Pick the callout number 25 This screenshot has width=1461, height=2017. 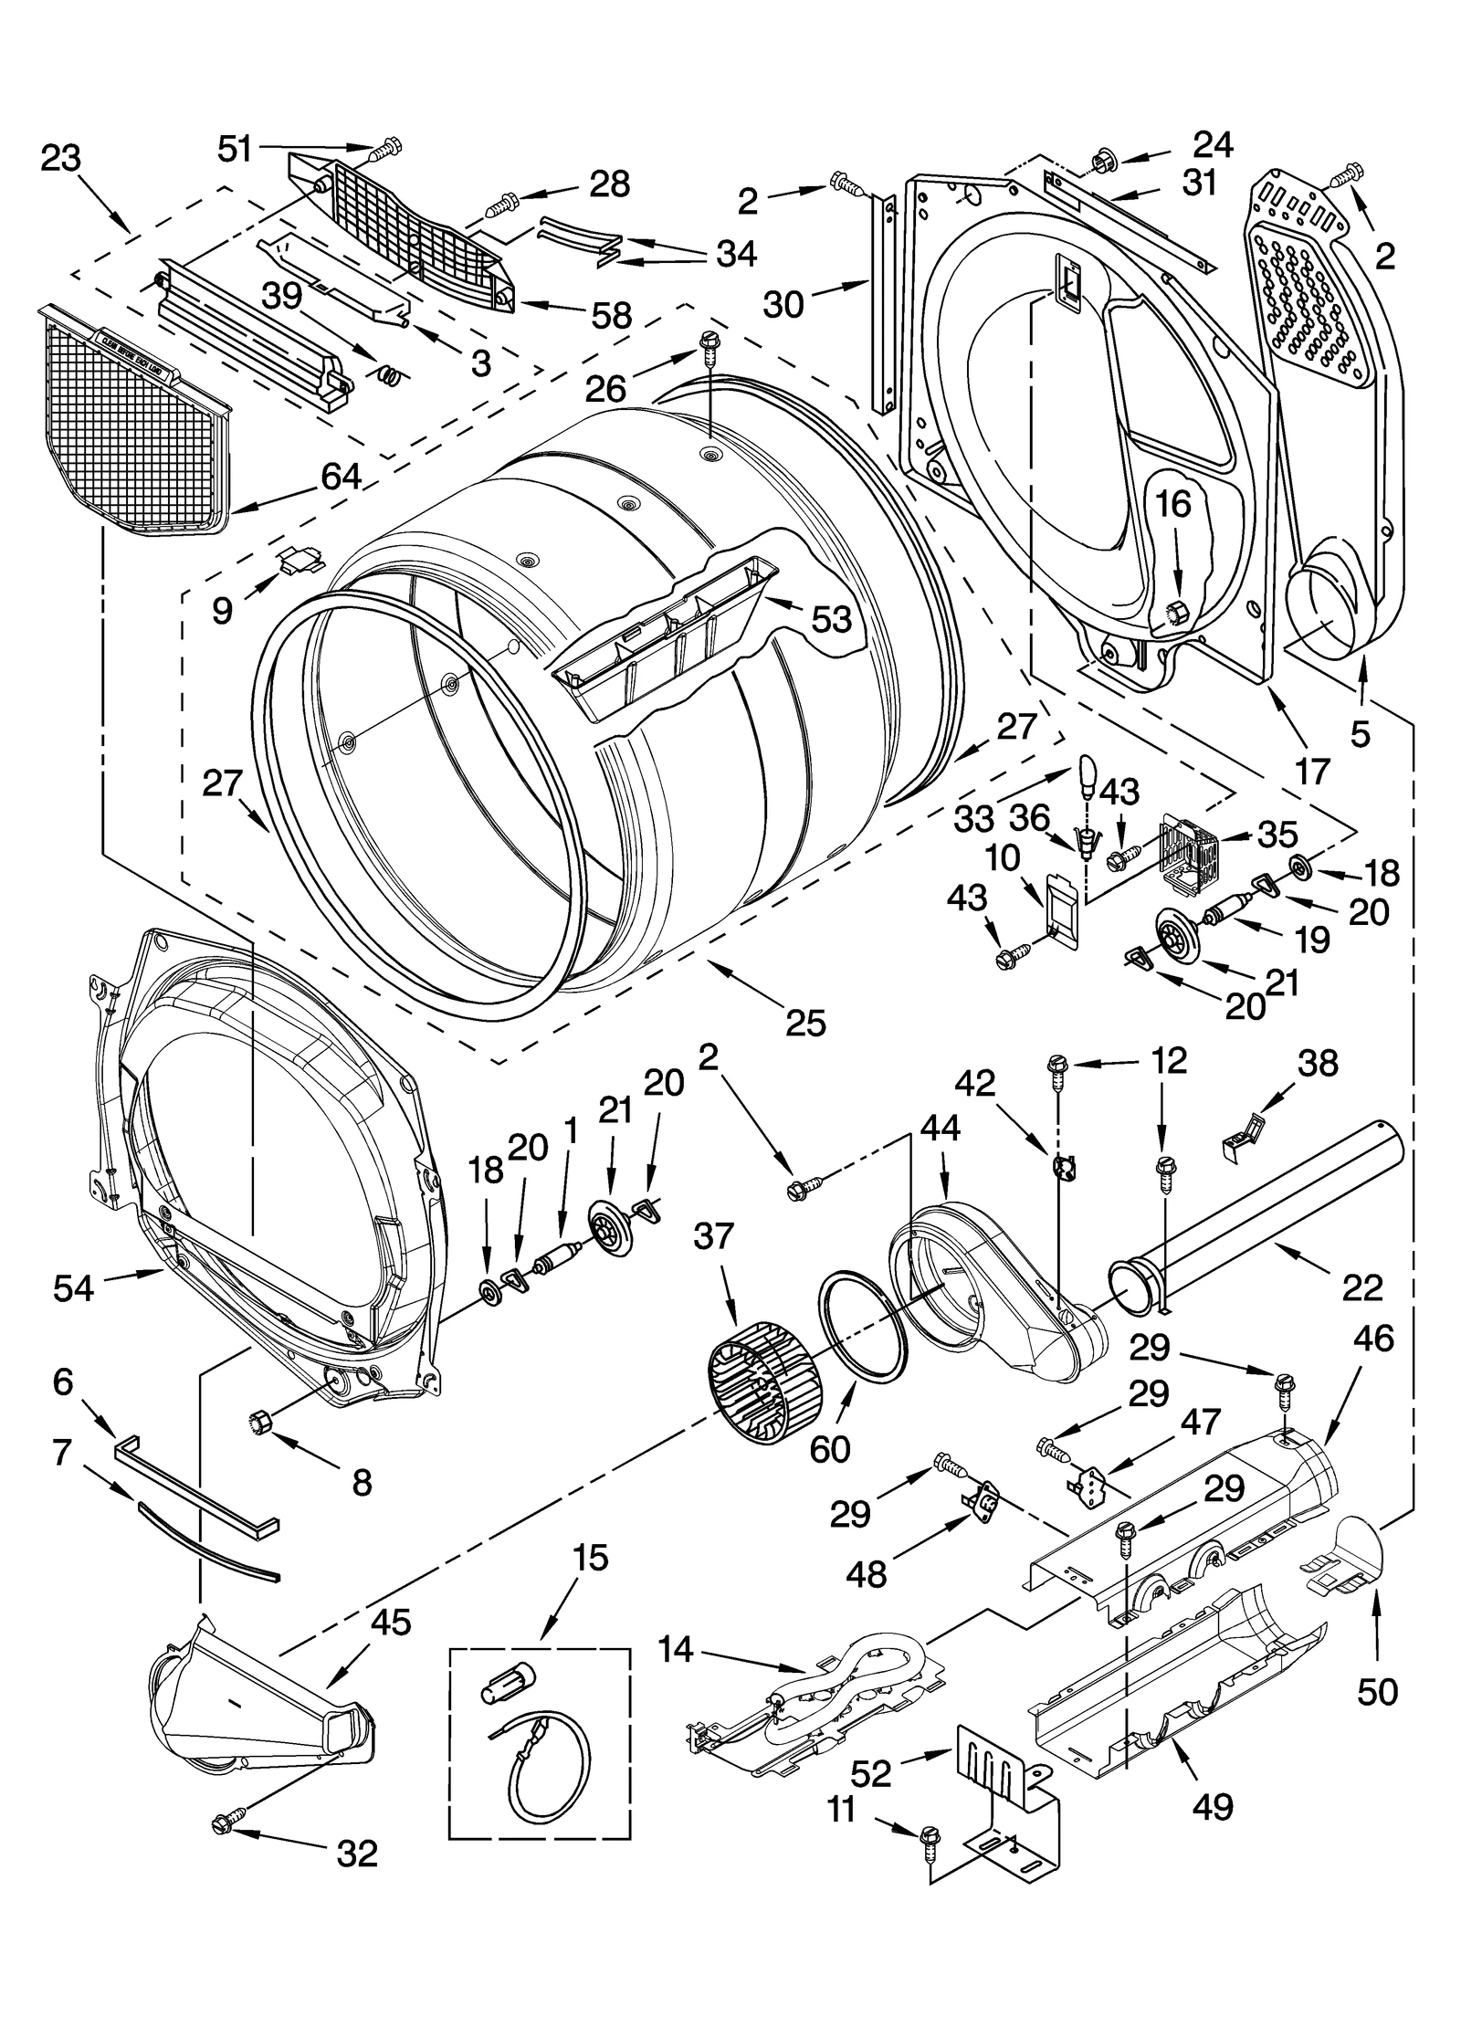click(805, 1022)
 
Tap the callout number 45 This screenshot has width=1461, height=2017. click(390, 1623)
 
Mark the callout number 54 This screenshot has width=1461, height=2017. click(73, 1287)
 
